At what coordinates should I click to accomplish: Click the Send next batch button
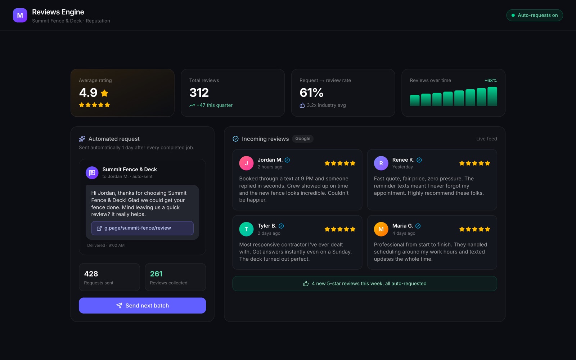click(142, 306)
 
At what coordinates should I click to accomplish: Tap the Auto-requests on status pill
click(534, 15)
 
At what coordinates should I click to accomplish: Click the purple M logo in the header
click(20, 15)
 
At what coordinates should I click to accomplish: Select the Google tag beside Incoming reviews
click(303, 139)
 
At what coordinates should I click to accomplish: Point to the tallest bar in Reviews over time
click(492, 96)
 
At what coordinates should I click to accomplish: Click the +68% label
click(491, 81)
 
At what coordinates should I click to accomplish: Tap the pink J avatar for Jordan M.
click(246, 163)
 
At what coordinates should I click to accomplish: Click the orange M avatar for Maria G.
click(381, 229)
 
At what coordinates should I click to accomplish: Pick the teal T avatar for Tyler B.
click(246, 229)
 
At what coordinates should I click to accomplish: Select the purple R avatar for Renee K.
click(381, 163)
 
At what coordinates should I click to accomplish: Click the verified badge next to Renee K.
click(419, 160)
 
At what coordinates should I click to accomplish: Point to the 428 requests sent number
click(91, 274)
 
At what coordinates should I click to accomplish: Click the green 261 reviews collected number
click(156, 274)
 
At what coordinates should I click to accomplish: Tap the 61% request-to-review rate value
click(311, 93)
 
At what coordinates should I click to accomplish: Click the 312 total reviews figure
click(199, 93)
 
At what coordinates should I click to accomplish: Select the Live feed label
click(486, 139)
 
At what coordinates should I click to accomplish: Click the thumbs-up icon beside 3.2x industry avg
click(302, 105)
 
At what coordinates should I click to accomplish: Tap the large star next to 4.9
click(104, 93)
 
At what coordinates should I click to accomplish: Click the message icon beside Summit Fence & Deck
click(92, 173)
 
